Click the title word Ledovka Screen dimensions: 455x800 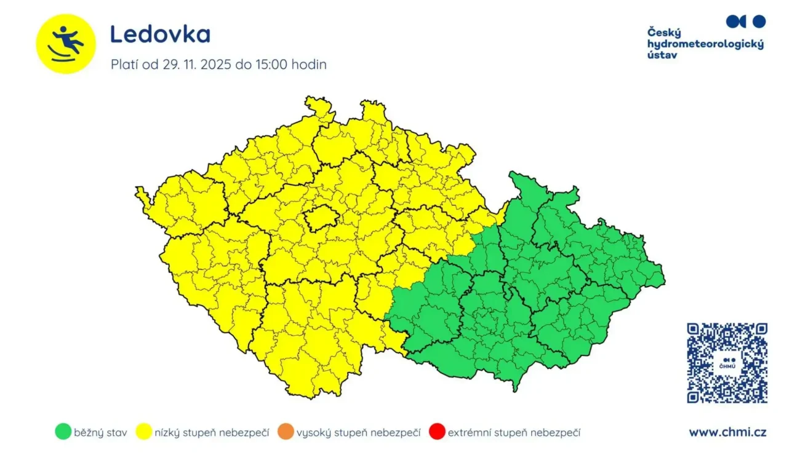(160, 34)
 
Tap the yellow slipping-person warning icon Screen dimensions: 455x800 (66, 44)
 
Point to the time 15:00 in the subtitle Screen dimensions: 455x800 (271, 65)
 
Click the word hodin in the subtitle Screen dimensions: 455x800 (310, 65)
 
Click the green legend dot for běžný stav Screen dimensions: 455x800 (62, 432)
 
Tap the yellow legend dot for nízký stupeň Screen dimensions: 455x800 (145, 432)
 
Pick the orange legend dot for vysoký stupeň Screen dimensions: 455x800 (286, 432)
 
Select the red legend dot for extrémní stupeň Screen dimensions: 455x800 (436, 432)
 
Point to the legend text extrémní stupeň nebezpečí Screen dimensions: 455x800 (514, 433)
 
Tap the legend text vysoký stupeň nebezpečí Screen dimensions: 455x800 (359, 433)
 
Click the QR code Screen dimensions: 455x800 (727, 363)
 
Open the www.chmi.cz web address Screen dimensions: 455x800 (727, 432)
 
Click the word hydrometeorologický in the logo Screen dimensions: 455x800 (705, 44)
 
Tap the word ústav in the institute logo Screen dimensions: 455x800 (662, 55)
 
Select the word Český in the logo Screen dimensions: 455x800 (664, 33)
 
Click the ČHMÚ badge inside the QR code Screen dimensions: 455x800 (727, 363)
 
